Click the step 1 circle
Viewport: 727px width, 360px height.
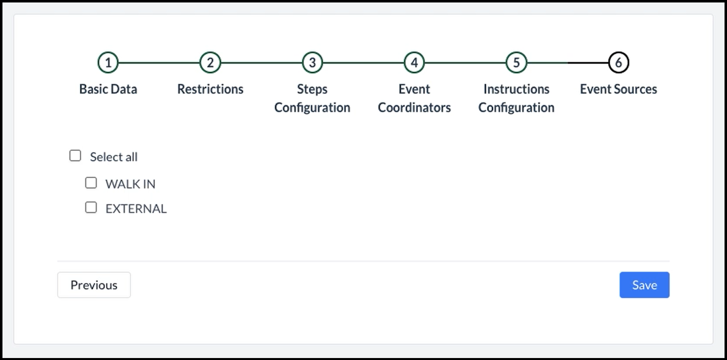point(108,62)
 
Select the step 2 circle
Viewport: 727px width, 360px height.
point(210,62)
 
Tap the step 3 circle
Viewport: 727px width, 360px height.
point(312,62)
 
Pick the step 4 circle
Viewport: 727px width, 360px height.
point(414,62)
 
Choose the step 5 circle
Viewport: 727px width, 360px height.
point(517,62)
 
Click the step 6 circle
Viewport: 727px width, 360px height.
point(619,62)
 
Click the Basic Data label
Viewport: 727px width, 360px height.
point(108,89)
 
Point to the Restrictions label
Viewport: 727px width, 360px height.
point(210,89)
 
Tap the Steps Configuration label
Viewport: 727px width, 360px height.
point(312,98)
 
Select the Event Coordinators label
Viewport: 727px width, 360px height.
point(414,98)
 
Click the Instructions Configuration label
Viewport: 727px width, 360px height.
point(517,98)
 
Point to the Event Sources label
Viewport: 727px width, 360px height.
point(619,89)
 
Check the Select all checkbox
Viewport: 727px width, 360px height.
point(75,156)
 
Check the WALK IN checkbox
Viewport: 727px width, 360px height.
point(91,183)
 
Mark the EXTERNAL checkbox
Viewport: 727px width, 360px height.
point(91,208)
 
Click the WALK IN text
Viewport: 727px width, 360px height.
point(131,184)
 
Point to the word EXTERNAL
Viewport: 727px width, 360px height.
point(136,209)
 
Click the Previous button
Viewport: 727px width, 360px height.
point(94,285)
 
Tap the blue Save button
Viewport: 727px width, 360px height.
point(645,285)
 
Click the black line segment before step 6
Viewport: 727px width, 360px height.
point(588,63)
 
